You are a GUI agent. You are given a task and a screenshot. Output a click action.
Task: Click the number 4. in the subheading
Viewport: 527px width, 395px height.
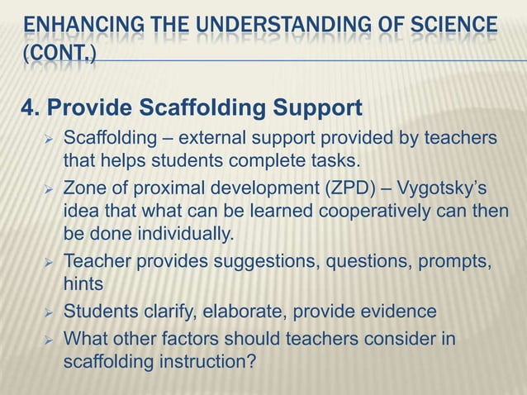pos(30,108)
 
